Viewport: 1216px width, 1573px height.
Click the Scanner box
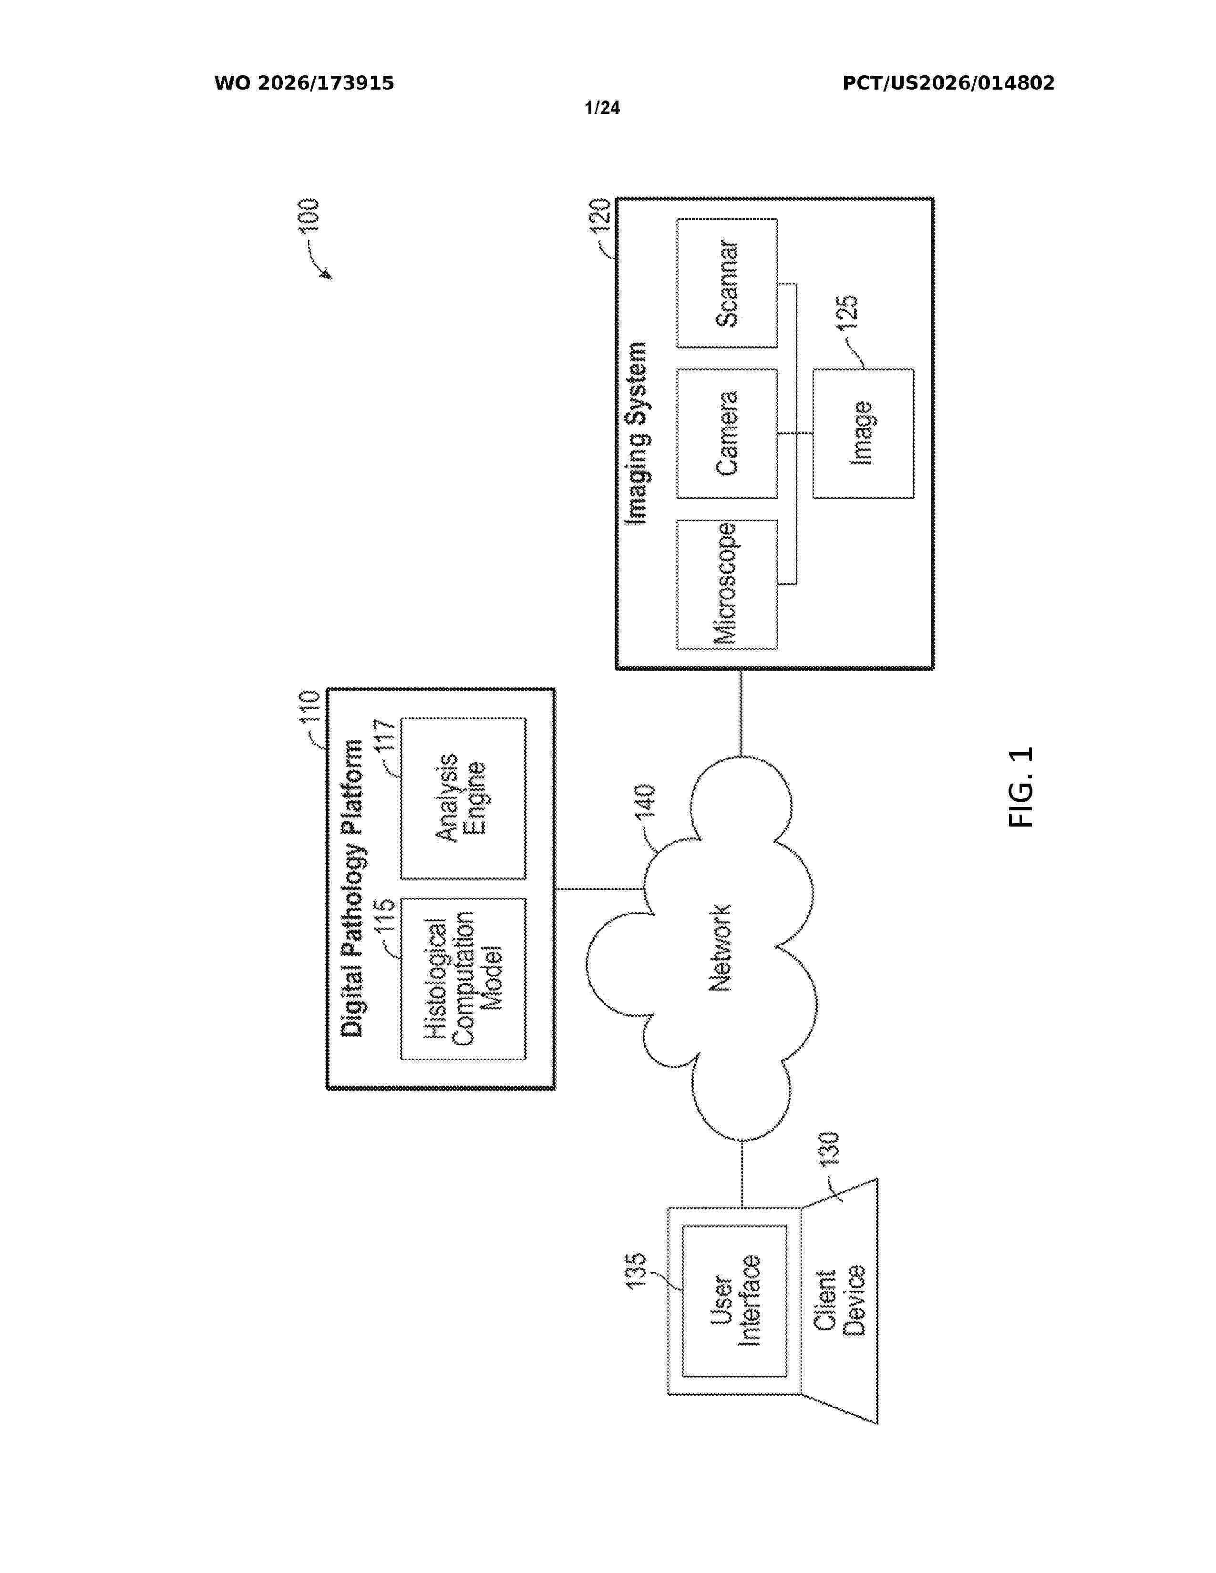727,283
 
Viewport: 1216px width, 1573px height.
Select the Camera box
727,434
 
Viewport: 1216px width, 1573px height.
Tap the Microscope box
727,584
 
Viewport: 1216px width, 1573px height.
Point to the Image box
863,434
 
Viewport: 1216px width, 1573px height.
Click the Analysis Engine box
463,798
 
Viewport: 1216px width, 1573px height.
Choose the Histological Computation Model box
463,979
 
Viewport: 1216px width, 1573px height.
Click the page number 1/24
602,108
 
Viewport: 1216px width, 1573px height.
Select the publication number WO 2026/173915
304,83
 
